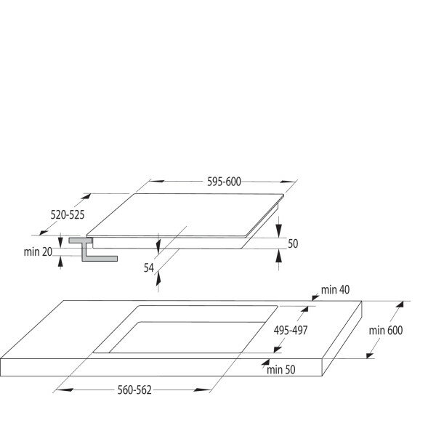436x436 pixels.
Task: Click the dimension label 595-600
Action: (x=222, y=182)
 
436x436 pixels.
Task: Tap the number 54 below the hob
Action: (x=148, y=268)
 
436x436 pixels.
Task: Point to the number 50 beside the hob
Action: (x=293, y=243)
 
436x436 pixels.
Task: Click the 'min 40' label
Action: (x=334, y=290)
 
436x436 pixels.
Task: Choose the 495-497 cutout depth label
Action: (x=294, y=329)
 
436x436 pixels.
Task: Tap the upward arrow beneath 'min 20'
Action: (x=60, y=262)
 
